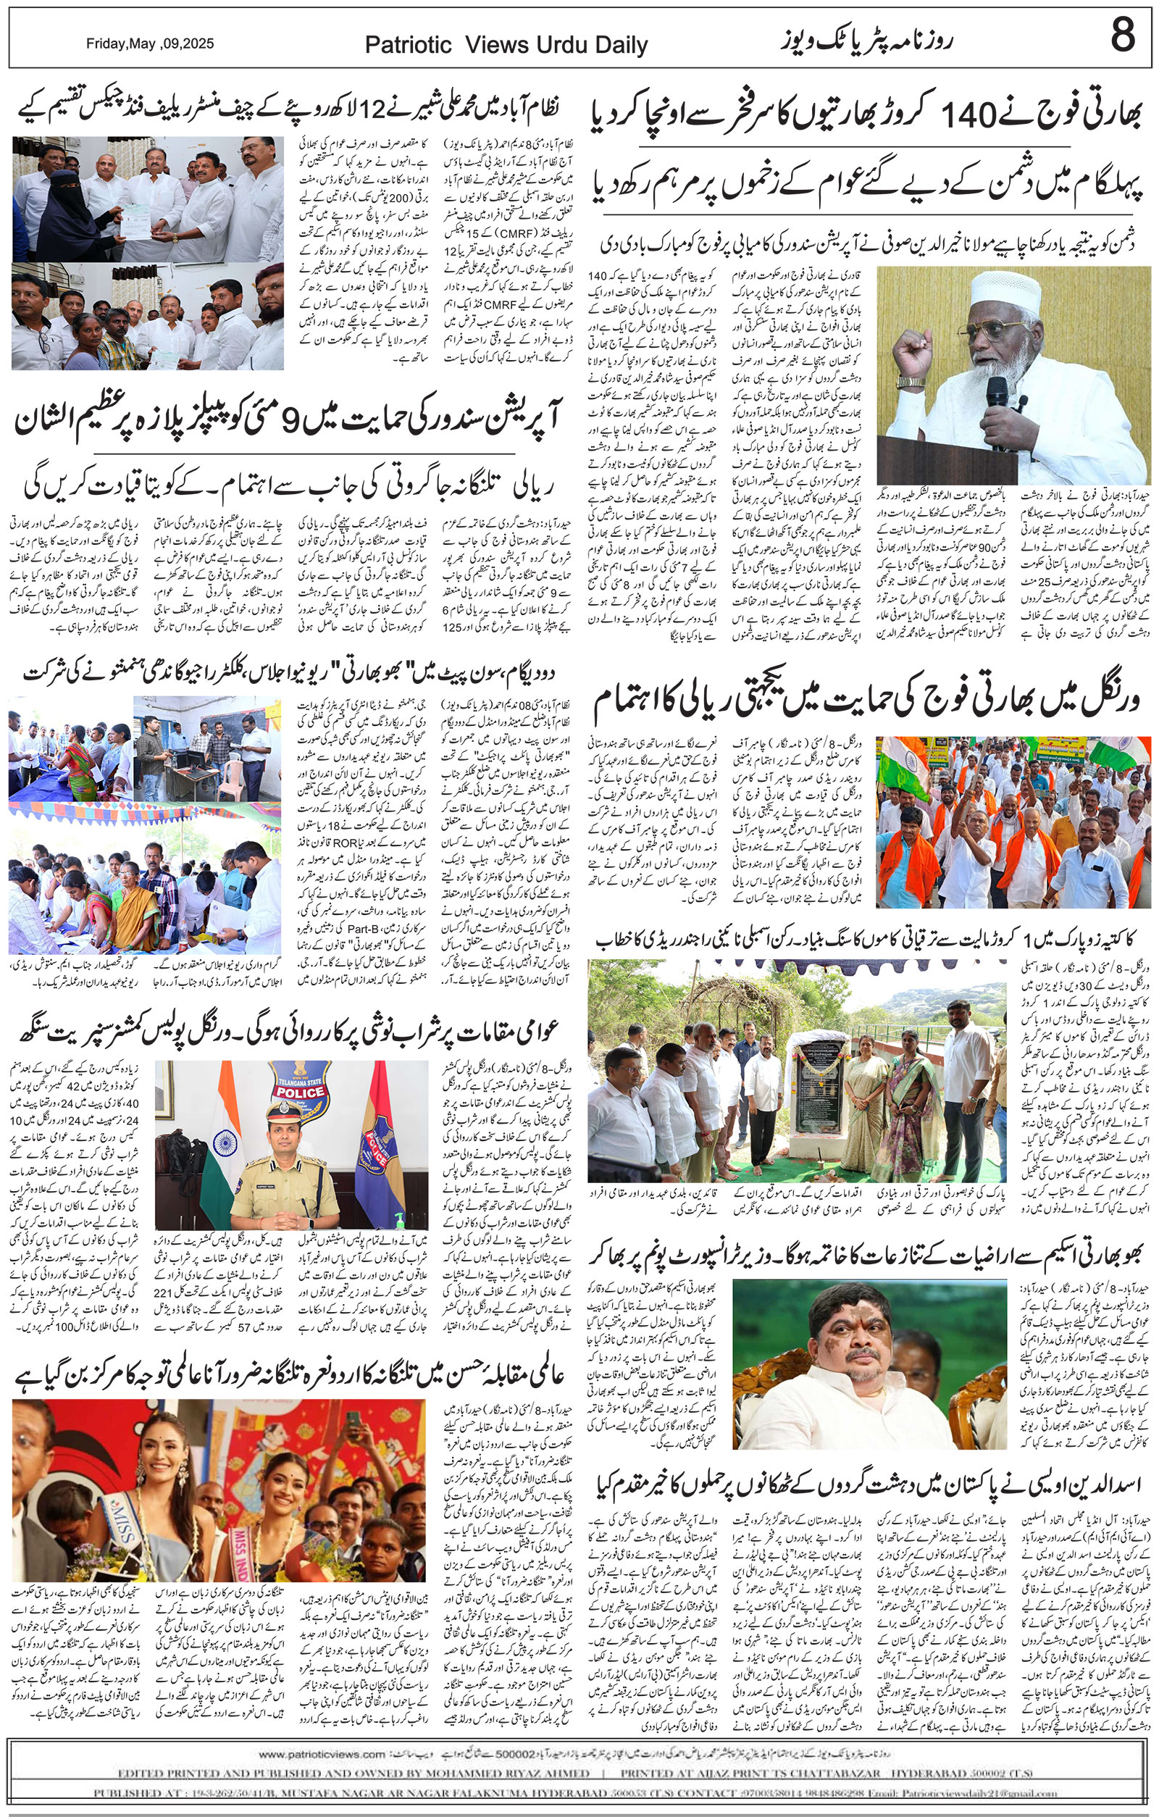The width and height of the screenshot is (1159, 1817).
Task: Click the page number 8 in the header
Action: click(x=1122, y=35)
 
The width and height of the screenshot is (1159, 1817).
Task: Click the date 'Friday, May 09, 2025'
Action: click(x=149, y=43)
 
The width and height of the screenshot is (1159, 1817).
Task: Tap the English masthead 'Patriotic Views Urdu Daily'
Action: click(x=506, y=45)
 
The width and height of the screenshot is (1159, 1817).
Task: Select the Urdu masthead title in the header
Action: click(x=866, y=39)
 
